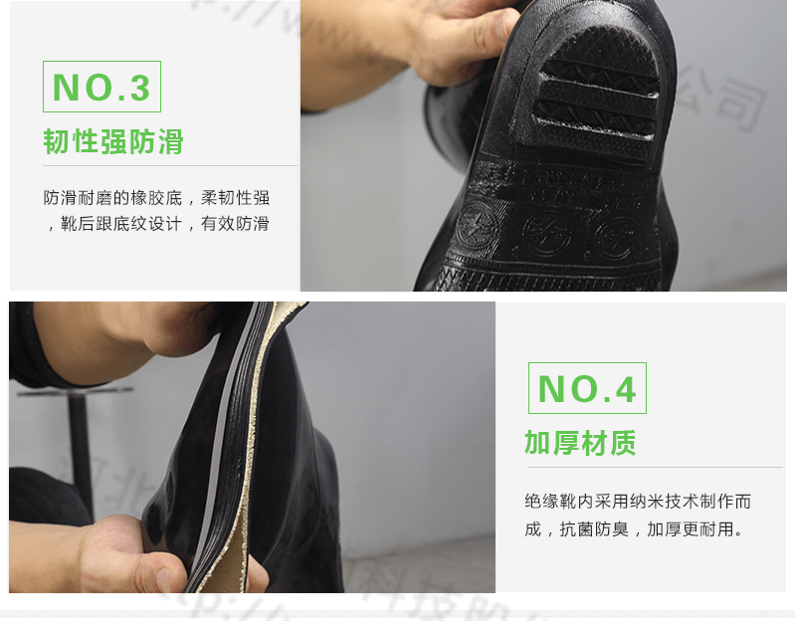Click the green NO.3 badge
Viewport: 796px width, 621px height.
[x=101, y=87]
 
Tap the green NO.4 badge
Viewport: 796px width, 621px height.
[x=587, y=388]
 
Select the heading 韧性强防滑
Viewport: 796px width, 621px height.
[x=113, y=141]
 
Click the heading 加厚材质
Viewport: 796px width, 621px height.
[x=580, y=443]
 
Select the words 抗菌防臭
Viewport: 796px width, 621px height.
[x=594, y=529]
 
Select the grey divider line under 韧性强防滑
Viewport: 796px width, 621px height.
[x=169, y=165]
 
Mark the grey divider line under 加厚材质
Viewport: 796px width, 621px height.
[x=653, y=468]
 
